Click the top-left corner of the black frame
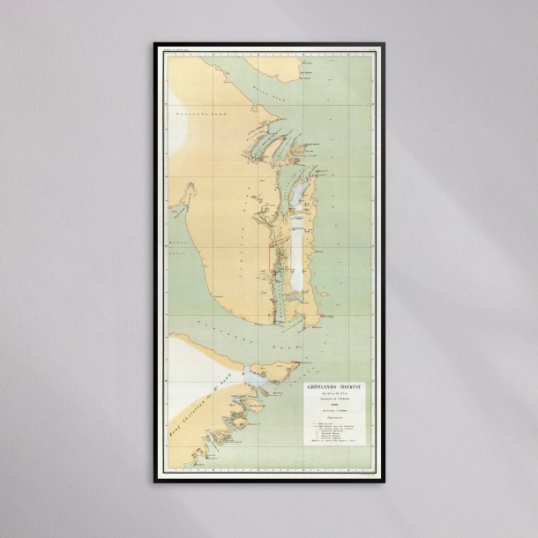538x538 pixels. point(154,44)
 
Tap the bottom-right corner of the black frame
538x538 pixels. point(385,481)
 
